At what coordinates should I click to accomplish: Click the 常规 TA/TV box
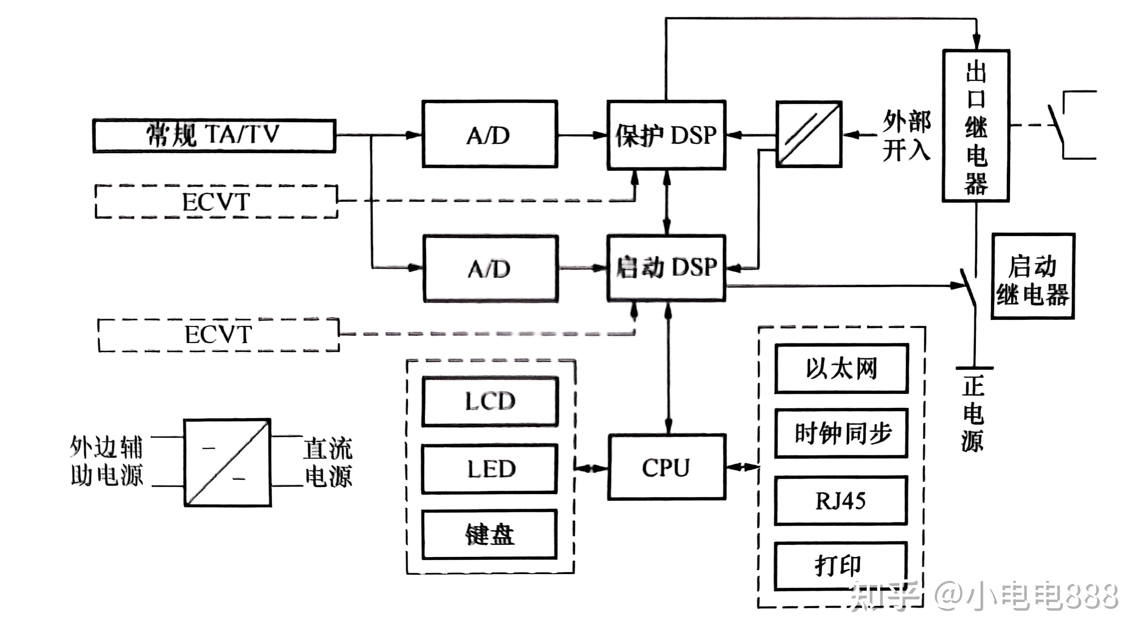[x=214, y=135]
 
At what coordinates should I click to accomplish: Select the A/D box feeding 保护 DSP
[x=489, y=134]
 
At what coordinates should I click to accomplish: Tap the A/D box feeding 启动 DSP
[x=490, y=269]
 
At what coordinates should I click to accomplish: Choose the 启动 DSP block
[x=666, y=268]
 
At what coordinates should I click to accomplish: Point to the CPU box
[x=666, y=467]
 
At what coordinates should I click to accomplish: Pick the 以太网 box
[x=841, y=368]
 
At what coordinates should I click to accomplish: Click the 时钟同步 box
[x=841, y=433]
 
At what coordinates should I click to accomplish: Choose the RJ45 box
[x=841, y=500]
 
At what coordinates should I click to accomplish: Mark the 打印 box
[x=841, y=566]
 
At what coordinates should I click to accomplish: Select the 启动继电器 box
[x=1033, y=276]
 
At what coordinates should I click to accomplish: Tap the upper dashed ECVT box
[x=216, y=201]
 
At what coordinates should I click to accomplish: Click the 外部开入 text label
[x=906, y=135]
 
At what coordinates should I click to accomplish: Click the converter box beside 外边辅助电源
[x=227, y=462]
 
